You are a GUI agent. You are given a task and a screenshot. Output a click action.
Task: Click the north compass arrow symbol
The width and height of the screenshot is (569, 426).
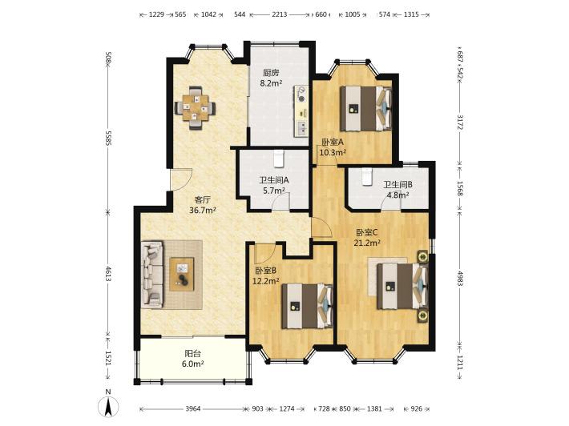[x=107, y=407]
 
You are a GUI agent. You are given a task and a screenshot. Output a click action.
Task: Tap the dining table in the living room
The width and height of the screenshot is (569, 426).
[x=196, y=107]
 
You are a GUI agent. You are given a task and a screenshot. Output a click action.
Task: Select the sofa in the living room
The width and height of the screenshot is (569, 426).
[x=152, y=275]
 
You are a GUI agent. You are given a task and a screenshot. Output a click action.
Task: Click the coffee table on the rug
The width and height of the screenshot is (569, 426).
[x=182, y=274]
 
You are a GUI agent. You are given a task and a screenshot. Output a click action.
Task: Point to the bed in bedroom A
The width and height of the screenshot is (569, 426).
[x=365, y=108]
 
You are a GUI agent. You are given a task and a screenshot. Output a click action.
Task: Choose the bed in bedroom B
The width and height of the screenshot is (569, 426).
[x=308, y=306]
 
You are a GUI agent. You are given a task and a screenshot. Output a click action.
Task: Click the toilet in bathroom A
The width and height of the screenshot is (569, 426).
[x=278, y=159]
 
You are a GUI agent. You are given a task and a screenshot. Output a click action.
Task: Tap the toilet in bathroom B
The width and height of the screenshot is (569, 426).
[x=367, y=177]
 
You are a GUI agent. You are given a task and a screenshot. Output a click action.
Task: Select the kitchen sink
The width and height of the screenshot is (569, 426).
[x=301, y=128]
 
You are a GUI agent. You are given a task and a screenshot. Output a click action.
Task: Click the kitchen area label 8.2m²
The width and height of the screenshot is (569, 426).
[x=271, y=83]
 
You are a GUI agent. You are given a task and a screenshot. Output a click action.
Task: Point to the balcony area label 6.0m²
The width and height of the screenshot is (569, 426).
[x=192, y=364]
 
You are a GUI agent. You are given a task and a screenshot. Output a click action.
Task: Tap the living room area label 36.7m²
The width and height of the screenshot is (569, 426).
[x=203, y=210]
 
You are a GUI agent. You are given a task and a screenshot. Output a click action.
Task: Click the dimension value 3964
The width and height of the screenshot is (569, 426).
[x=193, y=408]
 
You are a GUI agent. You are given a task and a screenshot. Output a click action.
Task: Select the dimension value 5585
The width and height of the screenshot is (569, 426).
[x=107, y=138]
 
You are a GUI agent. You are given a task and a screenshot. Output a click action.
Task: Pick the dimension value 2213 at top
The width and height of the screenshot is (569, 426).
[x=280, y=15]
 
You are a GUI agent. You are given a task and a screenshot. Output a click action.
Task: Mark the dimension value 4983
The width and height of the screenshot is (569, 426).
[x=460, y=279]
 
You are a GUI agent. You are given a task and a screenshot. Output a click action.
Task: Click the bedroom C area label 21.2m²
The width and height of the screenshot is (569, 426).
[x=367, y=243]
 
